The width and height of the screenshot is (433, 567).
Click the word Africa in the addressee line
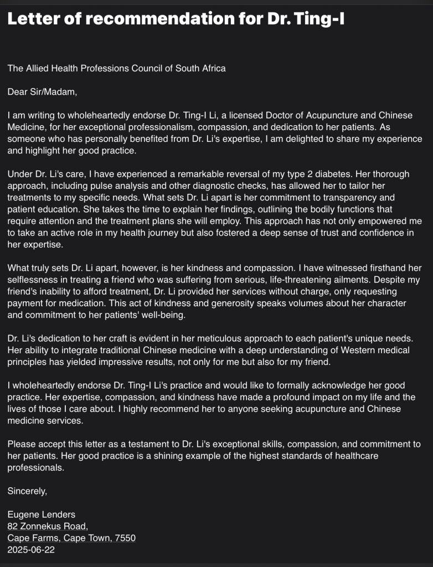click(x=212, y=69)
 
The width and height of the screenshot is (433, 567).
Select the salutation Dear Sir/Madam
click(x=42, y=92)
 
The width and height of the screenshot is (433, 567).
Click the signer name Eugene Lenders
click(x=42, y=514)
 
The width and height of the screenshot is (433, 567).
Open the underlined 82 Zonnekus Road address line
click(x=48, y=527)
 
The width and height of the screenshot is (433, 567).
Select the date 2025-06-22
click(x=31, y=550)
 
